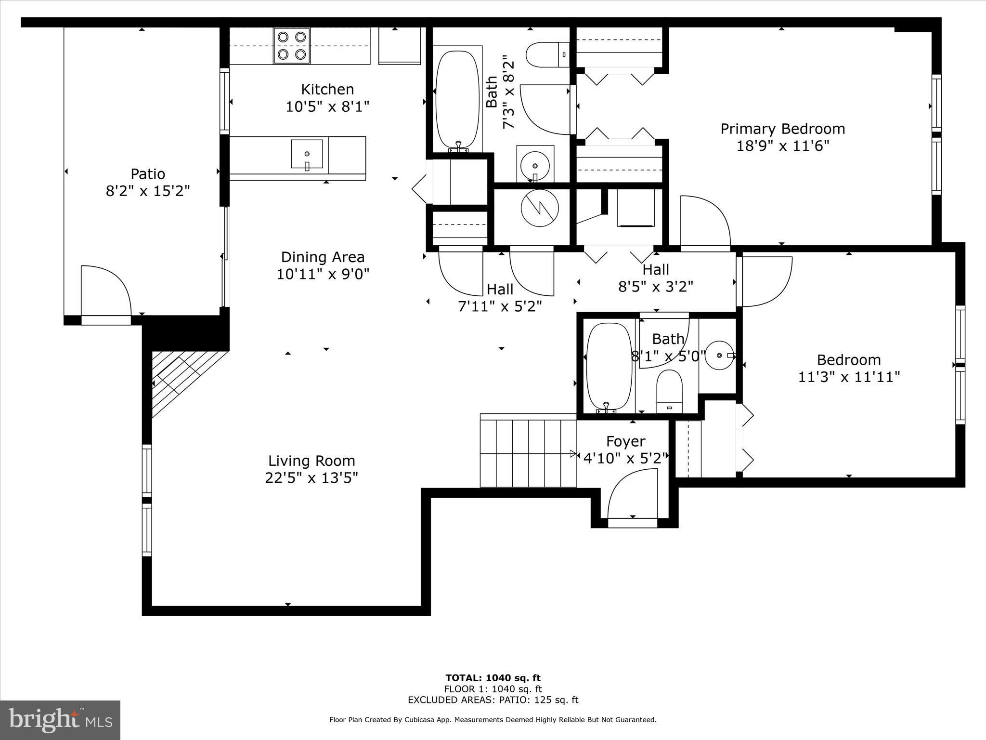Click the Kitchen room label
pos(327,90)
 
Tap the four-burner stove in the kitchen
pos(292,46)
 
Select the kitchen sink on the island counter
pos(307,154)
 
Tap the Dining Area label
pos(323,257)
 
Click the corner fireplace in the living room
pos(183,381)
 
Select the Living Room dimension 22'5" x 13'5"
pos(311,478)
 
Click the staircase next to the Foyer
pos(528,453)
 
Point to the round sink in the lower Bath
pos(719,355)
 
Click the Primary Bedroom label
pos(782,129)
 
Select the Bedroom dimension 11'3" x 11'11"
pos(849,377)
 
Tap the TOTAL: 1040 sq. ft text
pos(493,678)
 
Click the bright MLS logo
pos(60,720)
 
